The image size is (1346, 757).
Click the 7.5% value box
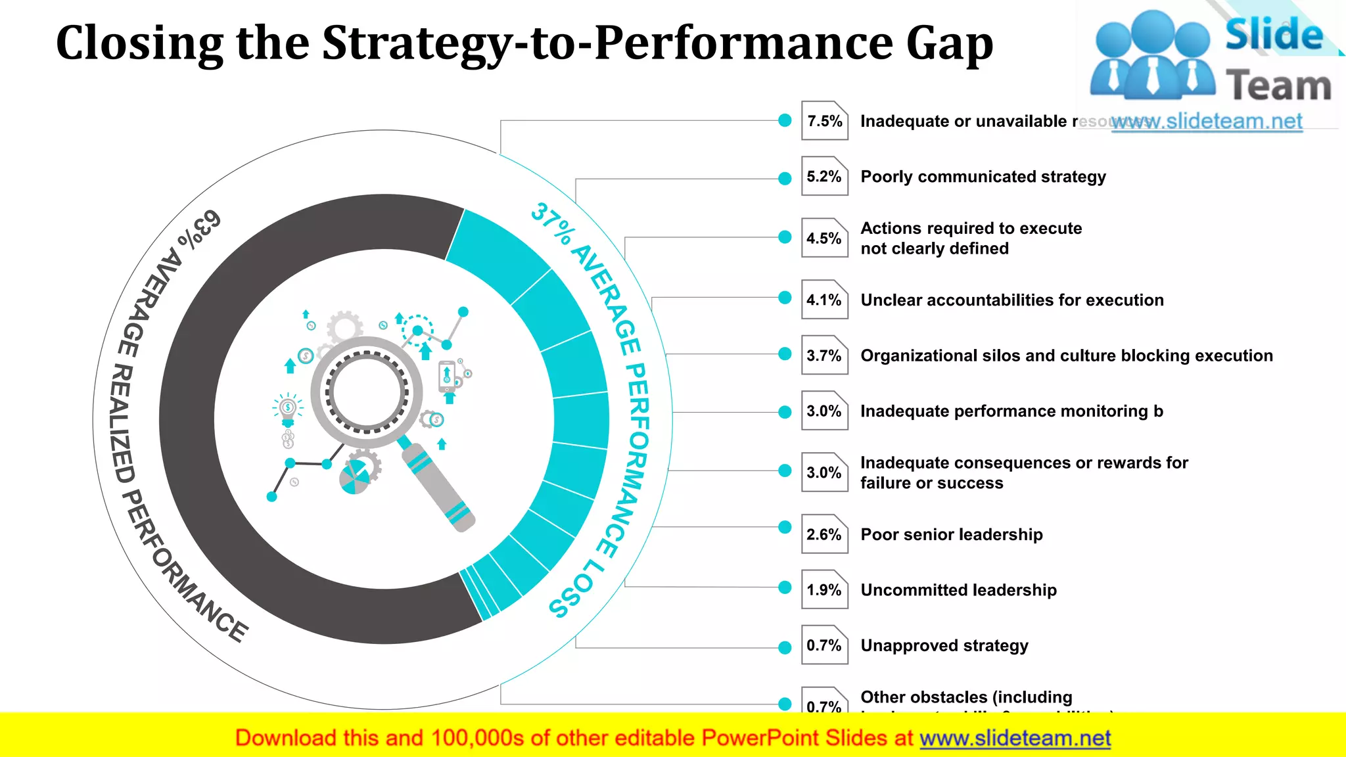824,121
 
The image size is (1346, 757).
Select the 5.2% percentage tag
824,176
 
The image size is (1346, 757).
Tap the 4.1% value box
824,300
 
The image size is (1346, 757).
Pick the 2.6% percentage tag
824,534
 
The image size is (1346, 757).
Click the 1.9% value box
824,589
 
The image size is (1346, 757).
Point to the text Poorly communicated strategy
983,177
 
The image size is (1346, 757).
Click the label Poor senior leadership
951,534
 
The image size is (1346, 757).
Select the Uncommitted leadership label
958,590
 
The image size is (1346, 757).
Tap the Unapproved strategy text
944,645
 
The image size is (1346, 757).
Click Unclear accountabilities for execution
1011,300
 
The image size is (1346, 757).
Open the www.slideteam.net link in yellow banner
1014,738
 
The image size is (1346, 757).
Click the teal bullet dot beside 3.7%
785,354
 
